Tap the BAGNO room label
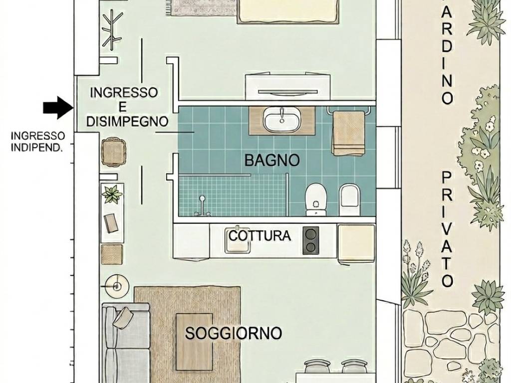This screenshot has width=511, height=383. tap(272, 160)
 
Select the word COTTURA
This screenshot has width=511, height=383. tap(259, 235)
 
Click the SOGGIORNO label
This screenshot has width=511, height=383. tap(234, 333)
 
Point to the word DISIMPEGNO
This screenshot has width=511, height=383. tap(127, 121)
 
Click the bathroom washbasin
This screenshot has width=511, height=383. tap(282, 121)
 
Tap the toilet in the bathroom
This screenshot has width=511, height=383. tap(315, 199)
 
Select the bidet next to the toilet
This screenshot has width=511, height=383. tap(349, 198)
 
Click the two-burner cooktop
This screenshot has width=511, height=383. tap(311, 240)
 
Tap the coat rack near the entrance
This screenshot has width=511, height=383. tap(112, 27)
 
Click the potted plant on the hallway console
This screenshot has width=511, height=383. tap(112, 193)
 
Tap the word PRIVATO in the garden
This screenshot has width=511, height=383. tap(447, 229)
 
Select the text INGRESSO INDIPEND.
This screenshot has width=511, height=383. tap(38, 141)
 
